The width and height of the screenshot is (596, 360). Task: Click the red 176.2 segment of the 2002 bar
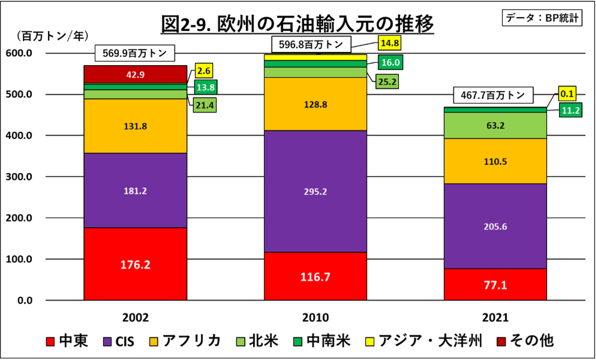(x=135, y=264)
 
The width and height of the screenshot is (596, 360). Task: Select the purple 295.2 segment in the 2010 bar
(x=315, y=191)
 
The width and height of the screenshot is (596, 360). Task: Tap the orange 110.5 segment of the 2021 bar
(x=495, y=161)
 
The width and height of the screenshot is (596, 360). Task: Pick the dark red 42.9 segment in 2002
(x=135, y=75)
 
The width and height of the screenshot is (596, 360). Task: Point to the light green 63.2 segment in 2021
(x=495, y=125)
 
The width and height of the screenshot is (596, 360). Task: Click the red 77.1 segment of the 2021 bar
(x=495, y=284)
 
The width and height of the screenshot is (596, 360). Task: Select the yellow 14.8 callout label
(x=389, y=43)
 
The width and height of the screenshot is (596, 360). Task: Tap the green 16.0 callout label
(x=390, y=62)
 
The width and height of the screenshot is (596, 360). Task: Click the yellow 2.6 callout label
(x=204, y=71)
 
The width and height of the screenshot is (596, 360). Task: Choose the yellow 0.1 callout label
(x=567, y=94)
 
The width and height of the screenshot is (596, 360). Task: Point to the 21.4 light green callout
(x=205, y=105)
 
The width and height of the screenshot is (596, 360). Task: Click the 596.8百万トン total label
(x=311, y=44)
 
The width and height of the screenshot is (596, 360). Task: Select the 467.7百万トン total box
(x=493, y=95)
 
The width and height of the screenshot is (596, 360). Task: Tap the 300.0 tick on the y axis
(x=19, y=177)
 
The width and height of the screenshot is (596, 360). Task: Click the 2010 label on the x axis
(x=315, y=317)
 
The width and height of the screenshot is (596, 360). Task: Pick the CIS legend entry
(x=119, y=342)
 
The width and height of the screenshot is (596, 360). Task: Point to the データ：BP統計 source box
(x=542, y=18)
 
